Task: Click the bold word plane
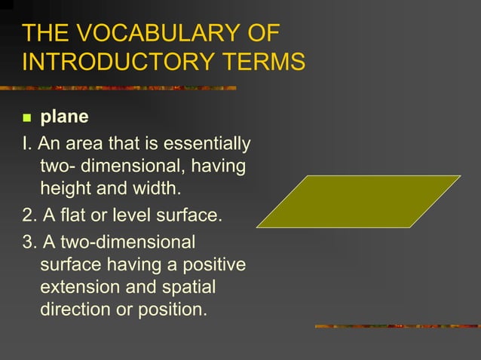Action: point(64,117)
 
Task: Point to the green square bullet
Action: point(27,118)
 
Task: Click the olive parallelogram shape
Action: point(358,201)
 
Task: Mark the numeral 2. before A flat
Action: point(29,215)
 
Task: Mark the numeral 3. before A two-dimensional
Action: point(29,243)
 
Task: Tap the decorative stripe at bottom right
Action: point(396,326)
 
